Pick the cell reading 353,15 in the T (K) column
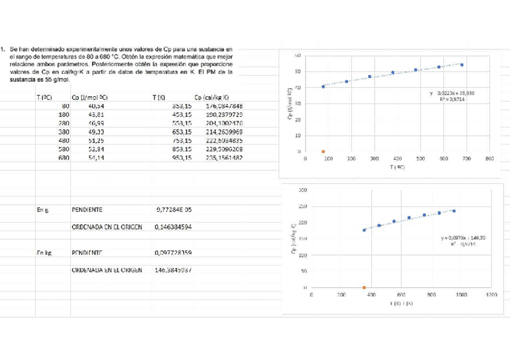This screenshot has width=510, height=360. click(182, 105)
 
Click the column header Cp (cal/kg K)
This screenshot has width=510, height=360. click(211, 97)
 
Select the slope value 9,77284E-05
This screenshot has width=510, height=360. click(177, 210)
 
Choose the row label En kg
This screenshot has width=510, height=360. click(43, 253)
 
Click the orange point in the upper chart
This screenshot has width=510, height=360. click(324, 151)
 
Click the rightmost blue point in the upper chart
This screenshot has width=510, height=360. click(462, 65)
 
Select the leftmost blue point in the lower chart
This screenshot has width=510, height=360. click(364, 230)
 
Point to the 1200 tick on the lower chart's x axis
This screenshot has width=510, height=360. click(491, 295)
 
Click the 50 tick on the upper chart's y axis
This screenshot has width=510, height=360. click(298, 72)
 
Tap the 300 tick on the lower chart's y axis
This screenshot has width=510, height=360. click(303, 191)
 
